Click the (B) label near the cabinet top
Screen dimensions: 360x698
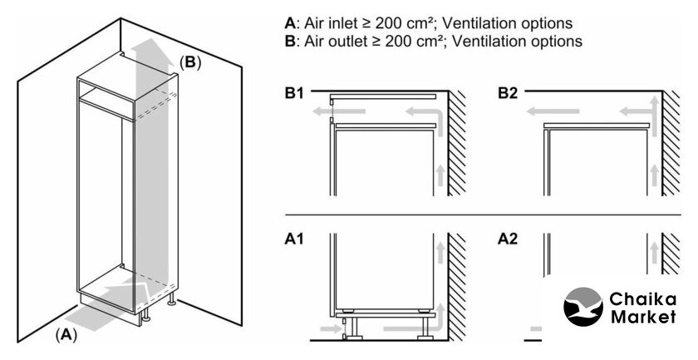190,62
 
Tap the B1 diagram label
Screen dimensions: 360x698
294,93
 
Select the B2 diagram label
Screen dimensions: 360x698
508,93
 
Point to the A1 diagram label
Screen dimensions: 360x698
294,239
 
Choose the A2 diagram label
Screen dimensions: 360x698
508,239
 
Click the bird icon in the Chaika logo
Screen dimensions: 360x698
584,308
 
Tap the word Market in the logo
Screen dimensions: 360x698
644,318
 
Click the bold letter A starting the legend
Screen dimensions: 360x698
289,22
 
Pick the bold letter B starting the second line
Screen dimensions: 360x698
289,41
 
